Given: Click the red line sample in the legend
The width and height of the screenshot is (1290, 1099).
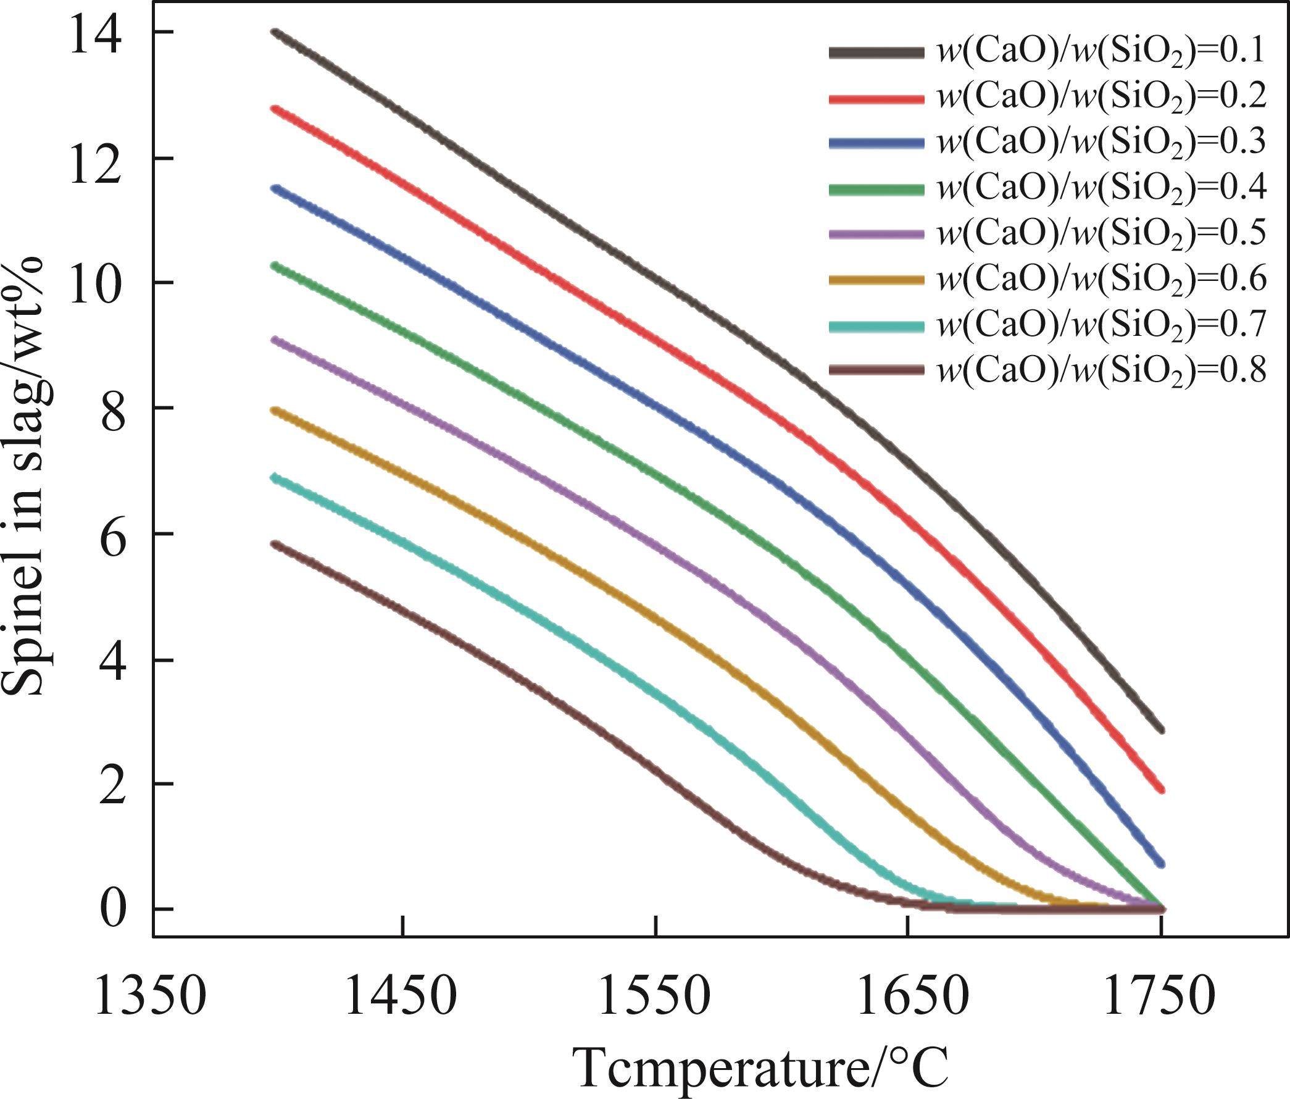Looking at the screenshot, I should pos(876,98).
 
